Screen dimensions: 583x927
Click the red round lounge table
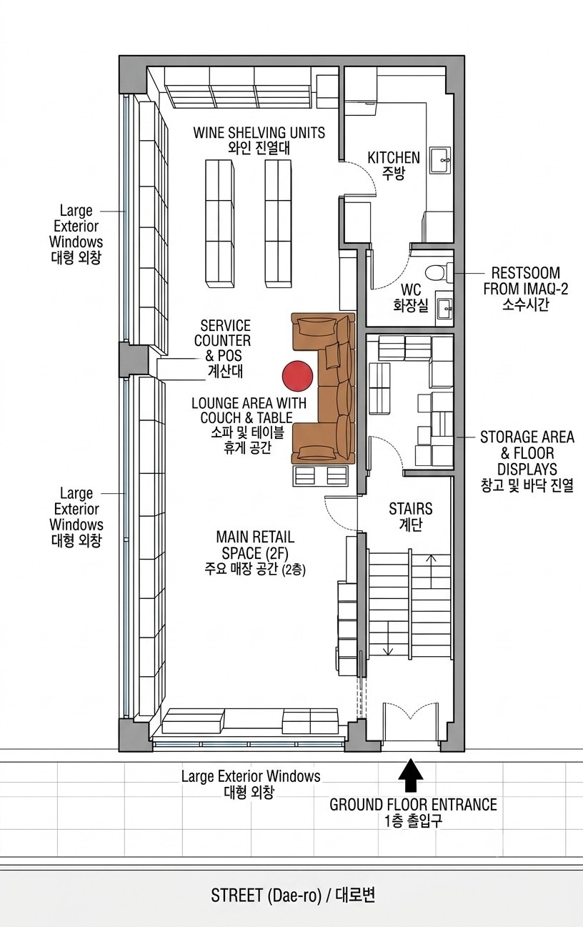pos(297,376)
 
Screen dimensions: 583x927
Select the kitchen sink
pos(440,161)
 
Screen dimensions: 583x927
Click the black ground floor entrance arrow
pos(411,769)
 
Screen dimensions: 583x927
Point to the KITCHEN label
pos(394,157)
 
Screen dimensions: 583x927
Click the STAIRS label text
pos(411,509)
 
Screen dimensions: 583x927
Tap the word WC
pos(411,289)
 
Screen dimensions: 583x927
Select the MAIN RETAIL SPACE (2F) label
pos(255,545)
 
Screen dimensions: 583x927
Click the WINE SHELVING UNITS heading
pos(259,132)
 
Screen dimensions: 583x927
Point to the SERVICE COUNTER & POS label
pos(223,341)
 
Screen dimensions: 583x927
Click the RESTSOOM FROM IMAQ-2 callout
pos(526,281)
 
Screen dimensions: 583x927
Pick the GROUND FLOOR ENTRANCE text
pos(414,805)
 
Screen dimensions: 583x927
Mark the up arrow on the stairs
pos(431,571)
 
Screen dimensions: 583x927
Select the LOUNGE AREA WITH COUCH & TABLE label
pos(249,410)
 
